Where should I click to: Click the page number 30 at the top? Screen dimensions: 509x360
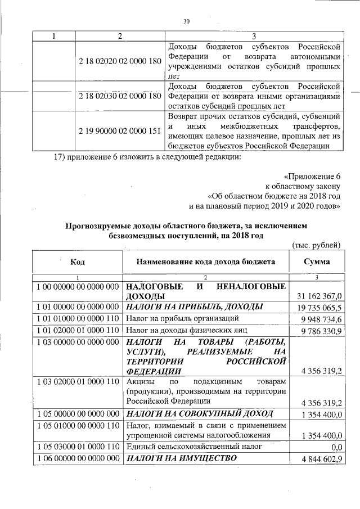187,21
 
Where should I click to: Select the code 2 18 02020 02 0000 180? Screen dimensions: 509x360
120,60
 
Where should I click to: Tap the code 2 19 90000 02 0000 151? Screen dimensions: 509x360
120,131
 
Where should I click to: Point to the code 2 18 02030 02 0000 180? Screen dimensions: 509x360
120,96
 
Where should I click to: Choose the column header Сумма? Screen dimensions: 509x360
317,263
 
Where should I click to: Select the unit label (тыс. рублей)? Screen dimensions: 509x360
317,244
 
